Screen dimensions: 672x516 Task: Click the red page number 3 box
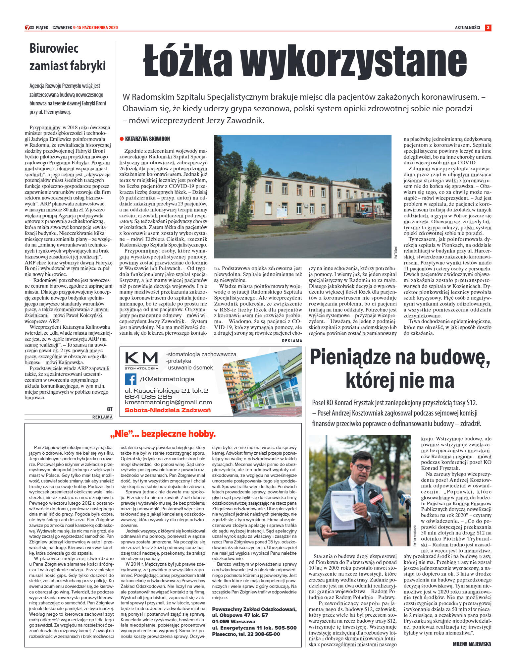coord(488,28)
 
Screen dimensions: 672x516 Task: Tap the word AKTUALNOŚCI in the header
coord(467,28)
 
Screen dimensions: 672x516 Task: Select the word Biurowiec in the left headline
coord(54,48)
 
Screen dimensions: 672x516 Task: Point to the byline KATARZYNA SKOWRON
coord(147,139)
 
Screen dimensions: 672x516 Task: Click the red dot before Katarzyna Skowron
coord(122,139)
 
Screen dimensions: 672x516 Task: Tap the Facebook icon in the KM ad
coord(130,379)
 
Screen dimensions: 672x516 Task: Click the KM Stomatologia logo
coord(141,360)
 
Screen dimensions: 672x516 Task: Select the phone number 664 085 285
coord(148,397)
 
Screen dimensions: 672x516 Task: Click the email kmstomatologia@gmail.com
coord(168,402)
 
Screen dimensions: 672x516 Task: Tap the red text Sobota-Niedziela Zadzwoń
coord(168,410)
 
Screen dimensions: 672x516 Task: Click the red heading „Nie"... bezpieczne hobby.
coord(163,434)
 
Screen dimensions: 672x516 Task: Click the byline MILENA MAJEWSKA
coord(472,644)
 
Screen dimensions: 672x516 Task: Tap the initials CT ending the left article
coord(110,409)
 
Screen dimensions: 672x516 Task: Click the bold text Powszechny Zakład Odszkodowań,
coord(254,609)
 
